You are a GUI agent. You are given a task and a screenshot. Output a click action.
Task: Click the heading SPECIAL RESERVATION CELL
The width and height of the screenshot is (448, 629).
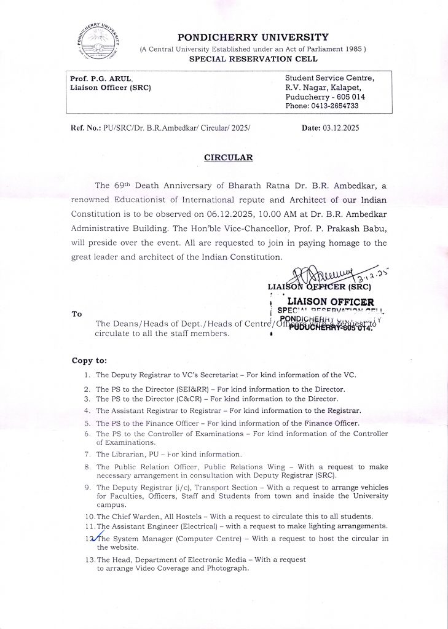tap(253, 59)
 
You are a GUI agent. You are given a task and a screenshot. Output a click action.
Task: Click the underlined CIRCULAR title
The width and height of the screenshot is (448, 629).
tap(229, 158)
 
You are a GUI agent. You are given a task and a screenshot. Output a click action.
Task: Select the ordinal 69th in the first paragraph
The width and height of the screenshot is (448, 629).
tap(122, 186)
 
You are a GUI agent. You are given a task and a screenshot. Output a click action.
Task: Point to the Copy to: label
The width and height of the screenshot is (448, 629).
tap(89, 361)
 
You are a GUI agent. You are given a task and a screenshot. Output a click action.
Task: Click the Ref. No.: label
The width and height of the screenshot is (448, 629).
tap(85, 128)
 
